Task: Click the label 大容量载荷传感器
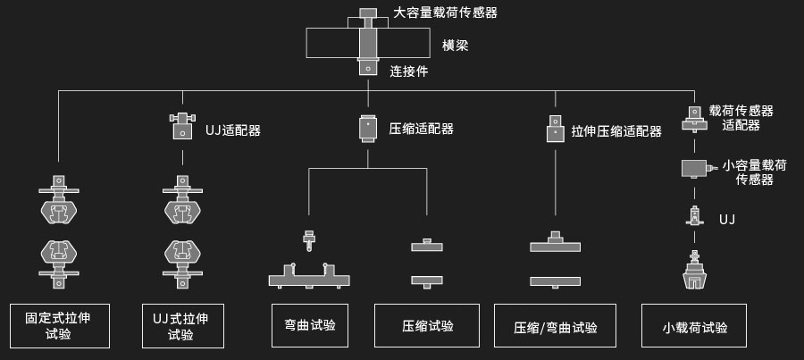pyautogui.click(x=445, y=13)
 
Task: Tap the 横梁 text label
pyautogui.click(x=456, y=45)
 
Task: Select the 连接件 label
pyautogui.click(x=408, y=71)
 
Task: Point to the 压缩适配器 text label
pyautogui.click(x=421, y=129)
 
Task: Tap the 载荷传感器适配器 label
pyautogui.click(x=741, y=117)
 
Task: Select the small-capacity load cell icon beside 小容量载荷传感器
pyautogui.click(x=696, y=167)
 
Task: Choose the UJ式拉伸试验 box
pyautogui.click(x=183, y=325)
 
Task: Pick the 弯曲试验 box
pyautogui.click(x=309, y=325)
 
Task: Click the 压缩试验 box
pyautogui.click(x=427, y=326)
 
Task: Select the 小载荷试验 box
pyautogui.click(x=695, y=327)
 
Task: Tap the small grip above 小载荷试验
pyautogui.click(x=693, y=272)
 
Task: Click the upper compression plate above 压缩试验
pyautogui.click(x=427, y=245)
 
